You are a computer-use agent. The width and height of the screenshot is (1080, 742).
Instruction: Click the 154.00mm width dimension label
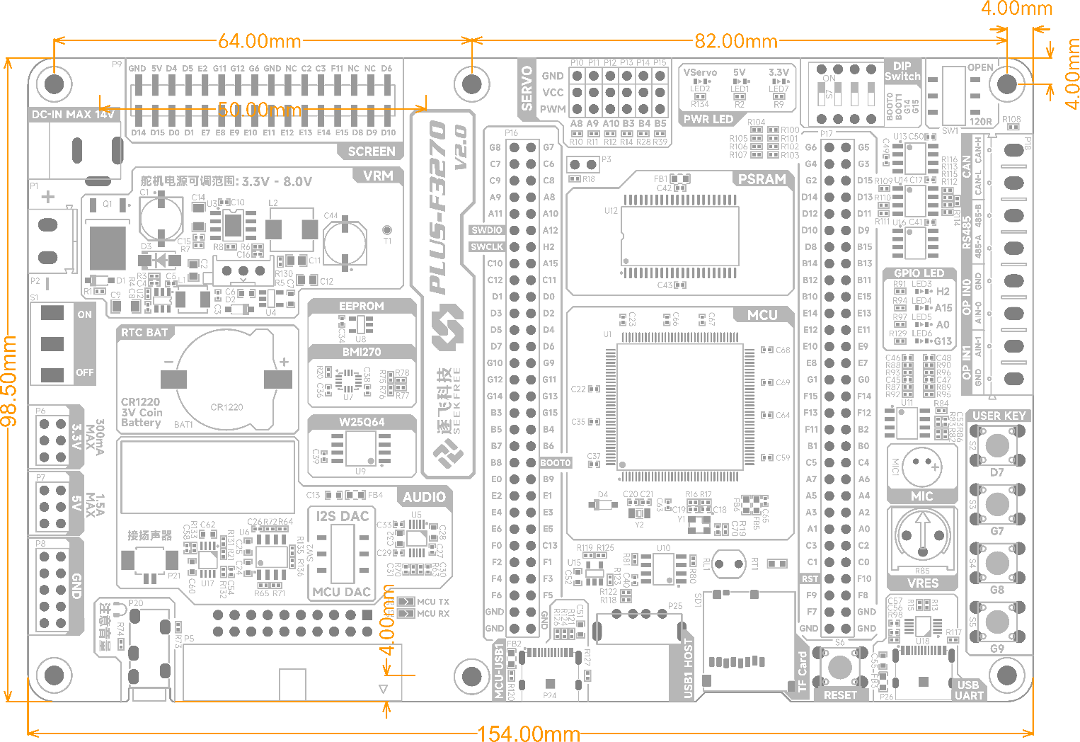528,733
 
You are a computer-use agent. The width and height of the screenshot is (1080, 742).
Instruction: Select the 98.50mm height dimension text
9,381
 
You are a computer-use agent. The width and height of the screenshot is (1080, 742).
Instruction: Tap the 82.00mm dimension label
735,41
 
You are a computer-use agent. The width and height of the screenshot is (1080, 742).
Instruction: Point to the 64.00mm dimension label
259,41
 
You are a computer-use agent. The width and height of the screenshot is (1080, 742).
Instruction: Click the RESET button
839,667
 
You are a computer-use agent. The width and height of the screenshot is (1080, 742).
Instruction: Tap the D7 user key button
996,446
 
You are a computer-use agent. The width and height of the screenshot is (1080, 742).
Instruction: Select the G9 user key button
996,623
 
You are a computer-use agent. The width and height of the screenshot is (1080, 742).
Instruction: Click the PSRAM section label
762,179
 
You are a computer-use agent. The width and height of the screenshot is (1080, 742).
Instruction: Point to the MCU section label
762,315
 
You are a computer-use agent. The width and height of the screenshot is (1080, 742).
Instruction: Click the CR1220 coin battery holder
226,379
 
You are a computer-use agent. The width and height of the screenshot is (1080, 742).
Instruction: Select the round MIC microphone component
921,466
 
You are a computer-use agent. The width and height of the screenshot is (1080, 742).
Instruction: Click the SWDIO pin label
487,230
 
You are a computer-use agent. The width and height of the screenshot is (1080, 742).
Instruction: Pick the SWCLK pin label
487,247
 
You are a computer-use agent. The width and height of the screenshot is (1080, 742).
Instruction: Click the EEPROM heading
361,306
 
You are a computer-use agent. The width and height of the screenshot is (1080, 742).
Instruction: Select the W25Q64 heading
361,422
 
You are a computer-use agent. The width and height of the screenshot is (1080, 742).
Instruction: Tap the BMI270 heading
361,352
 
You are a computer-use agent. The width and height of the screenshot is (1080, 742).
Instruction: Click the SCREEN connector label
372,151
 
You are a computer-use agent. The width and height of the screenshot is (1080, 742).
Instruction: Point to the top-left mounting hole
54,84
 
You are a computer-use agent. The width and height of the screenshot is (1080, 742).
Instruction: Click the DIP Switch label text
902,72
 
